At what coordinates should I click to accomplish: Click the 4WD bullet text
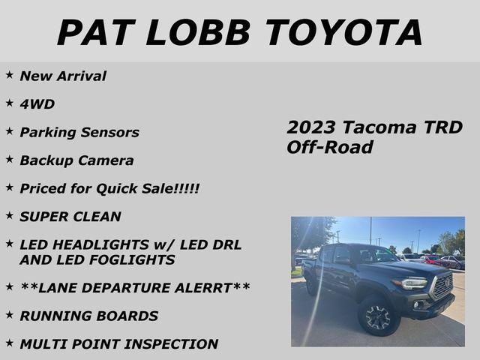37,104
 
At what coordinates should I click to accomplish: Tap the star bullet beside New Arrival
9,75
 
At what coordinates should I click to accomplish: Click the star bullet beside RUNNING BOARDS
9,315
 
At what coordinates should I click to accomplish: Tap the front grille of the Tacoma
442,285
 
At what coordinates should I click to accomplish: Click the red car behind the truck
434,261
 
